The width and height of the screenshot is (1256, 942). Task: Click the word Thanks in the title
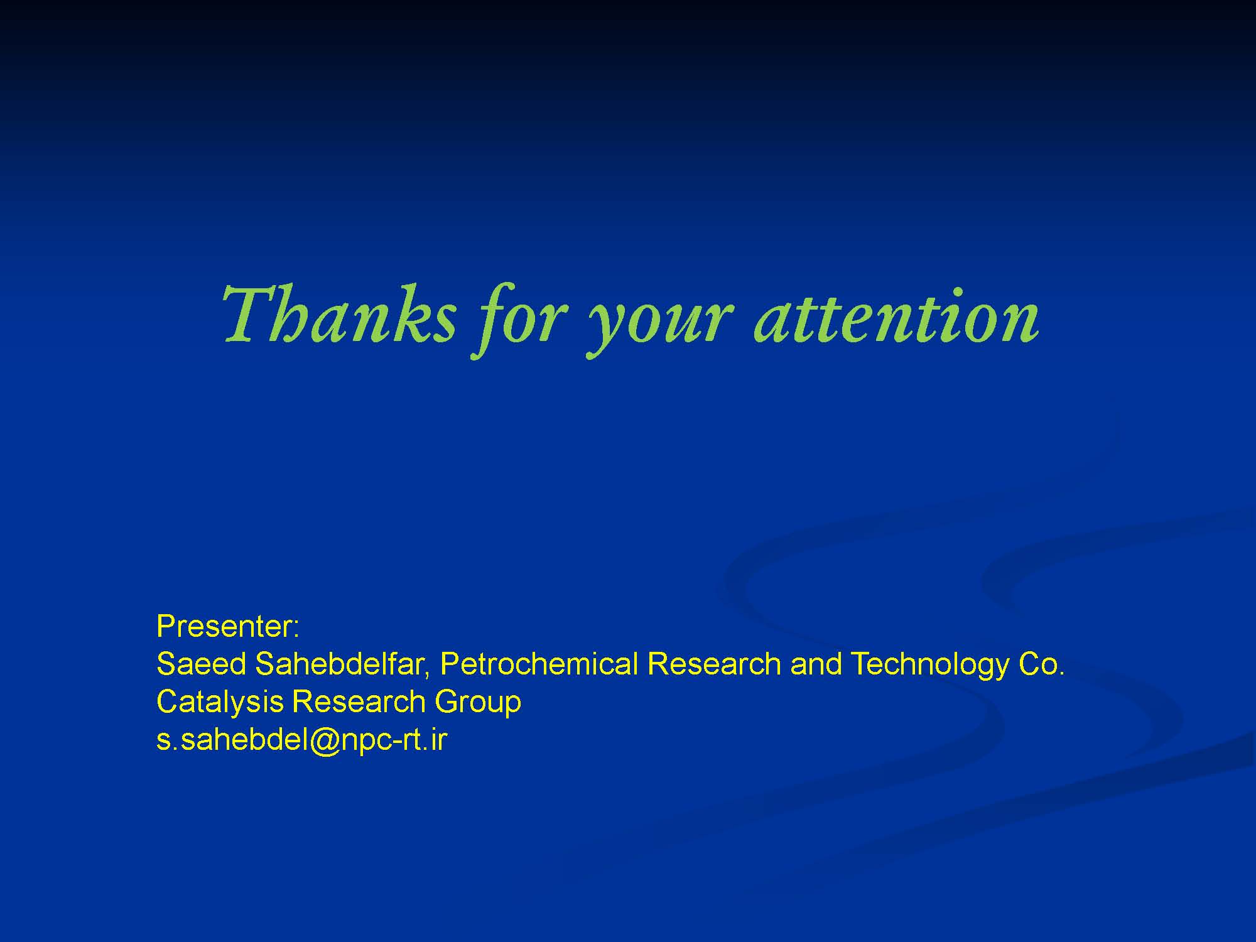[x=338, y=313]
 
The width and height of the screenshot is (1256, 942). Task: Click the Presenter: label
[x=228, y=626]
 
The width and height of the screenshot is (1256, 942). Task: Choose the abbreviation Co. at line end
[x=1041, y=664]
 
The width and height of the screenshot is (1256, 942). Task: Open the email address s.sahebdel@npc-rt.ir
[x=301, y=741]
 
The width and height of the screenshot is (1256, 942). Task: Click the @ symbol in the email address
[x=325, y=742]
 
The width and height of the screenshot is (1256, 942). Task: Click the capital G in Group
[x=448, y=701]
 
